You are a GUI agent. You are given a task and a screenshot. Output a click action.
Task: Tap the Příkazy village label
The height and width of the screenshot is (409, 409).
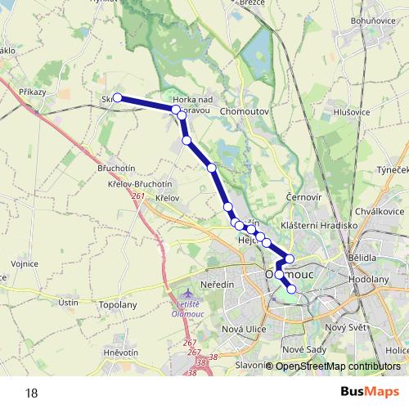(x=33, y=92)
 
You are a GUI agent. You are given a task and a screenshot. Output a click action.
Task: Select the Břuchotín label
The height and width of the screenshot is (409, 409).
(x=116, y=168)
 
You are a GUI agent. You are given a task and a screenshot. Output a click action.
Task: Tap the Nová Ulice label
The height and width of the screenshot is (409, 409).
(x=245, y=328)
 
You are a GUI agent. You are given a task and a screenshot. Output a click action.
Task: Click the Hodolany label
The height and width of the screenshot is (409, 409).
(x=368, y=279)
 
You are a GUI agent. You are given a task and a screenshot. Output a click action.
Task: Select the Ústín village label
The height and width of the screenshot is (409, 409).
(x=69, y=303)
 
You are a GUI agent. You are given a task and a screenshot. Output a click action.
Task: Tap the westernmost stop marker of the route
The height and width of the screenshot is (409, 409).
(x=117, y=98)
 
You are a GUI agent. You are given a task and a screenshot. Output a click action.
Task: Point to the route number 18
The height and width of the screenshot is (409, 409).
(x=31, y=392)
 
